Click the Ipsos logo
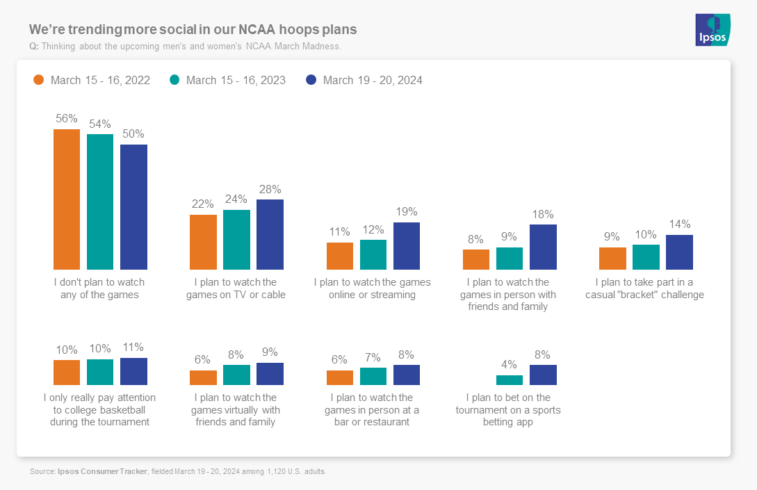point(713,29)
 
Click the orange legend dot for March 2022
point(39,80)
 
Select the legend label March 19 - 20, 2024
point(373,80)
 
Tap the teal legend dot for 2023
point(174,80)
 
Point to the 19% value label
point(407,212)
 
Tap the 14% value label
point(679,224)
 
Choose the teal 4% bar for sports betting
point(510,380)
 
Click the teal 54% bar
point(100,202)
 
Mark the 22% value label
point(203,204)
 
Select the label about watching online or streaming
point(373,288)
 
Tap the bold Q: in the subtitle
point(34,47)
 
